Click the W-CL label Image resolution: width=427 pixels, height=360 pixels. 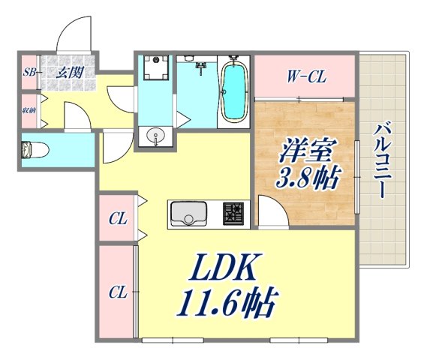tap(303, 75)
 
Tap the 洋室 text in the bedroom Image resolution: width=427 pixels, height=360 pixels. tap(307, 149)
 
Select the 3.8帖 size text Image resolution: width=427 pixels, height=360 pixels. tap(307, 178)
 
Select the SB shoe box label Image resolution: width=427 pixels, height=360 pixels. tap(29, 73)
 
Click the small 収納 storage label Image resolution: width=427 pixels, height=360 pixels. tap(29, 109)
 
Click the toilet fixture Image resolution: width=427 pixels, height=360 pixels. tap(35, 150)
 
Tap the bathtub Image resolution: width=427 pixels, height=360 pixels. tap(235, 91)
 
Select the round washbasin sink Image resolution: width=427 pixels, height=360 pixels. tap(156, 136)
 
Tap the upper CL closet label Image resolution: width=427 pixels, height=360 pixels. tap(116, 220)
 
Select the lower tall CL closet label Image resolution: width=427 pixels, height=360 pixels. tap(116, 291)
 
